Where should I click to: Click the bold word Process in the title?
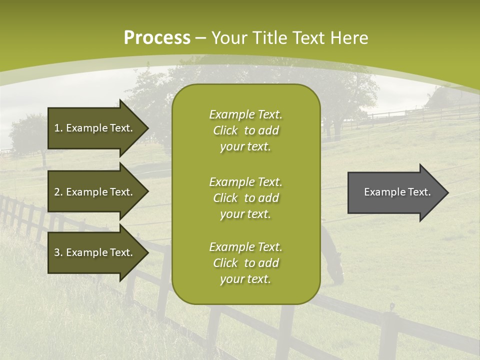point(157,37)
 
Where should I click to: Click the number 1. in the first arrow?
point(58,128)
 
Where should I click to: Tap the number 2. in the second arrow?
point(58,192)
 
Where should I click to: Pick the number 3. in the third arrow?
point(58,252)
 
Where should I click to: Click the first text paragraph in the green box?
point(245,130)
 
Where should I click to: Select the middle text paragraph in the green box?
point(245,197)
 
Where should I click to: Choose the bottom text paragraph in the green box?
point(245,263)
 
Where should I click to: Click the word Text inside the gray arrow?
point(419,192)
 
